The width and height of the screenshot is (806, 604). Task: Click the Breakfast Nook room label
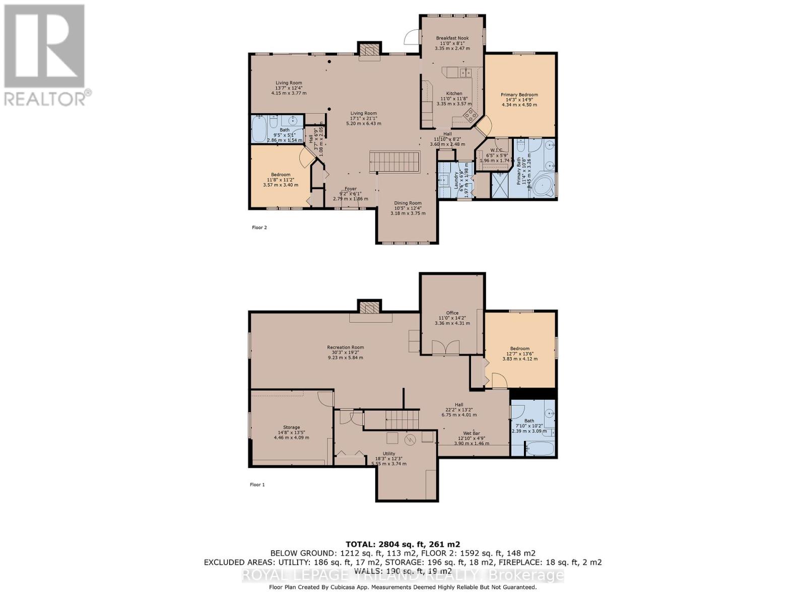tap(452, 38)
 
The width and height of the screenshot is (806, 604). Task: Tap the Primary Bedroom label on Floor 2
tap(519, 95)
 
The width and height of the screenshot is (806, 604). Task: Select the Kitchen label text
tap(454, 94)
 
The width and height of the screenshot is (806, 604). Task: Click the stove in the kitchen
tap(471, 116)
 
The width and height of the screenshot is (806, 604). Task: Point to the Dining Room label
tap(408, 203)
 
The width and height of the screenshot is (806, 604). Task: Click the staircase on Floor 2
tap(395, 162)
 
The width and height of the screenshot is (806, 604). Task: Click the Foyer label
tap(351, 189)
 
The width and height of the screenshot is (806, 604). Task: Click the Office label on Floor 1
tap(452, 313)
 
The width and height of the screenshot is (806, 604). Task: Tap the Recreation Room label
tap(345, 347)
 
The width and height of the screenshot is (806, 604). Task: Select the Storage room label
tap(291, 427)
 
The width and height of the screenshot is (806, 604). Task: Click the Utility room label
tap(388, 454)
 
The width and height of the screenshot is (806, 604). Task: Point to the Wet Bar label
tap(472, 433)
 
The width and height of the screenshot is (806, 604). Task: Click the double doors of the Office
tap(446, 348)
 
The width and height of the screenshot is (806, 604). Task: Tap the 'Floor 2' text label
tap(259, 228)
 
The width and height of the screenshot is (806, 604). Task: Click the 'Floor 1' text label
tap(257, 485)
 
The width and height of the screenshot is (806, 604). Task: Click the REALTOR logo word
tap(45, 98)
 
